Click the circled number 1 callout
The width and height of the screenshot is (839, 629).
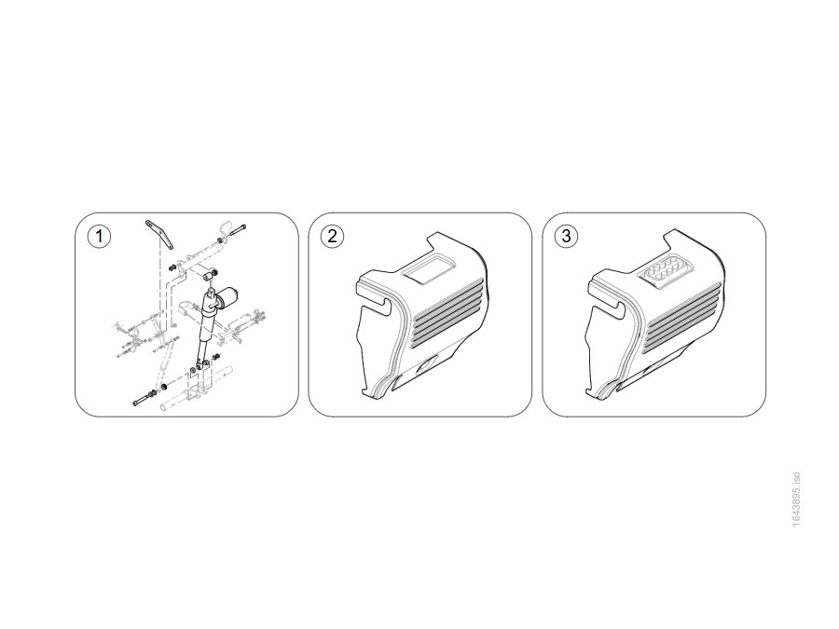click(99, 237)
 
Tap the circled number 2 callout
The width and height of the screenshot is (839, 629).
click(332, 237)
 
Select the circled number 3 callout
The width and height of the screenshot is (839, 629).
click(566, 236)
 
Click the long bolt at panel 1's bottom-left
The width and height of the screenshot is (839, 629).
click(144, 400)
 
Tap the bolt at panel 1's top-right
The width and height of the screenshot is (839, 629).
click(237, 230)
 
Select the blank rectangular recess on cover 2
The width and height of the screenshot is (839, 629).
click(429, 267)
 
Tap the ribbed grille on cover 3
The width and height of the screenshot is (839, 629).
click(682, 319)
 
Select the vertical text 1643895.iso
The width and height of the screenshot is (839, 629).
click(796, 499)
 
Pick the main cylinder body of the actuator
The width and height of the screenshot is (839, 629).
click(207, 320)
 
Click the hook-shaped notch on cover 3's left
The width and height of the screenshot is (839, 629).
click(610, 306)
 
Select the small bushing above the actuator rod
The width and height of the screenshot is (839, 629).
click(209, 277)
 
